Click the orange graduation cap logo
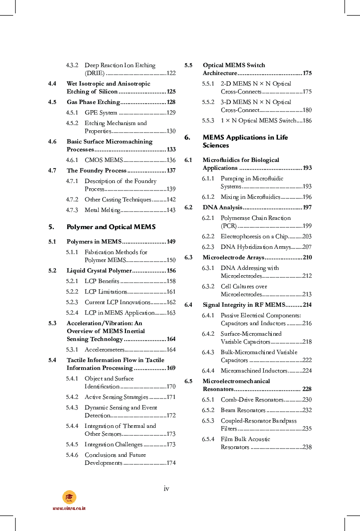coord(69,497)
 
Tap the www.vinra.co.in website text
coord(69,508)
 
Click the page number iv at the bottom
coord(166,488)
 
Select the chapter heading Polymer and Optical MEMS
coord(111,227)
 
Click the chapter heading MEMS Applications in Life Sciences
coord(245,141)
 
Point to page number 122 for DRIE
coord(171,73)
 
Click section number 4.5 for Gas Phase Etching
coord(52,102)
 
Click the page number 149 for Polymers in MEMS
coord(171,242)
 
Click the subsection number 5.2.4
coord(72,313)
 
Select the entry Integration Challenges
coord(114,445)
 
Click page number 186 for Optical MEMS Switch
coord(307,121)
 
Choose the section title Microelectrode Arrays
coord(233,258)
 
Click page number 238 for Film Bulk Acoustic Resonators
coord(307,447)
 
